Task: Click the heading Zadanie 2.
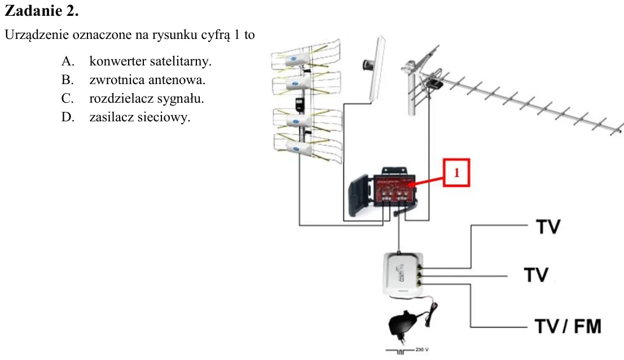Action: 42,11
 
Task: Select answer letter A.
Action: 68,62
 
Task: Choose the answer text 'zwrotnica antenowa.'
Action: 147,80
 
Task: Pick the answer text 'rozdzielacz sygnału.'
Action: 147,99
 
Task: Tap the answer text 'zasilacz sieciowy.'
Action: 140,117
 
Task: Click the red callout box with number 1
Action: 456,173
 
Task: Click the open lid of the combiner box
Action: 360,195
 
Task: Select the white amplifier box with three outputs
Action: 403,274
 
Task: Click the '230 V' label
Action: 422,350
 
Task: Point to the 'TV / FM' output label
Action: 568,326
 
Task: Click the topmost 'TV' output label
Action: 548,227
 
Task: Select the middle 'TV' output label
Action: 536,275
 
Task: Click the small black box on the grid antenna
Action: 300,104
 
